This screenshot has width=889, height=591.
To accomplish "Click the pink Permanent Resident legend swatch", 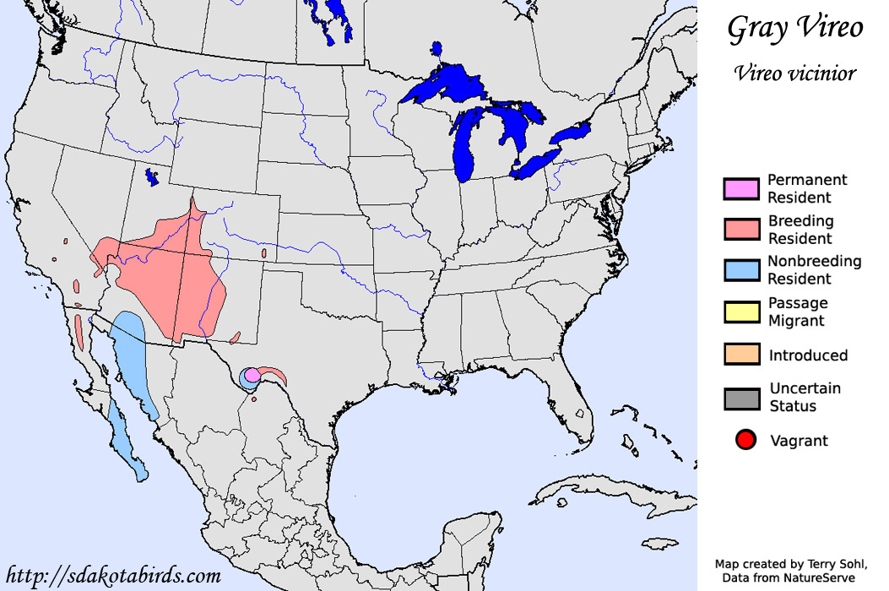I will click(741, 188).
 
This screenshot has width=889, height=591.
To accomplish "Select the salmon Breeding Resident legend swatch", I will click(741, 229).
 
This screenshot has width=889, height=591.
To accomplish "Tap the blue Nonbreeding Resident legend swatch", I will click(741, 269).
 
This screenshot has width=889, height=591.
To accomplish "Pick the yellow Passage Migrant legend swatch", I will click(741, 312).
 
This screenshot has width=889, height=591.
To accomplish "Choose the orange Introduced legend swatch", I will click(741, 355).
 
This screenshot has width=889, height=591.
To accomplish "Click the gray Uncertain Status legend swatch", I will click(741, 398).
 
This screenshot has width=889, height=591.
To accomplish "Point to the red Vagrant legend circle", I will click(745, 440).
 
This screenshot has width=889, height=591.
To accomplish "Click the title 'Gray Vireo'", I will click(794, 29).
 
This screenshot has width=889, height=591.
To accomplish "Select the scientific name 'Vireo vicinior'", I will click(794, 73).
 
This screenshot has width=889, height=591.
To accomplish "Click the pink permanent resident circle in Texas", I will click(252, 374).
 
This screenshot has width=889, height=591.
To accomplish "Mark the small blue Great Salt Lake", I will click(153, 177).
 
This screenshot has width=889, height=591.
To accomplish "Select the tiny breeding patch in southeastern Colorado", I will click(264, 252).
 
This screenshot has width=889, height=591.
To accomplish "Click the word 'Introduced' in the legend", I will click(808, 355).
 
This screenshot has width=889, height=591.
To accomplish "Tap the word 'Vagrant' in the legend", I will click(799, 441).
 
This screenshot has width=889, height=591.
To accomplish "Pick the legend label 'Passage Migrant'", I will click(798, 312).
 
